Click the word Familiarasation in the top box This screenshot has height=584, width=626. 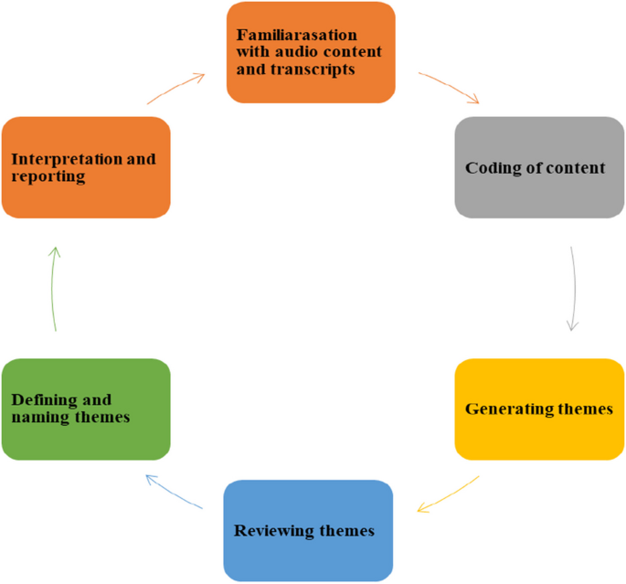tap(285, 35)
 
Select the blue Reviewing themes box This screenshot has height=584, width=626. tap(308, 530)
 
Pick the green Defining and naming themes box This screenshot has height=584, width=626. tap(86, 409)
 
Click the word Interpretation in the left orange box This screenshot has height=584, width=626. tap(67, 159)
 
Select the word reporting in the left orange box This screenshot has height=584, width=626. tap(48, 176)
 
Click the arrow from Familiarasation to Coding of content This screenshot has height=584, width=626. tap(449, 86)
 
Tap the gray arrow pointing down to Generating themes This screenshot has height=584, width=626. tap(573, 288)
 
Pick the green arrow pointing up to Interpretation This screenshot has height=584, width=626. tap(54, 288)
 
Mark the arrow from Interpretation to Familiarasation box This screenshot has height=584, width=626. tap(176, 89)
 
